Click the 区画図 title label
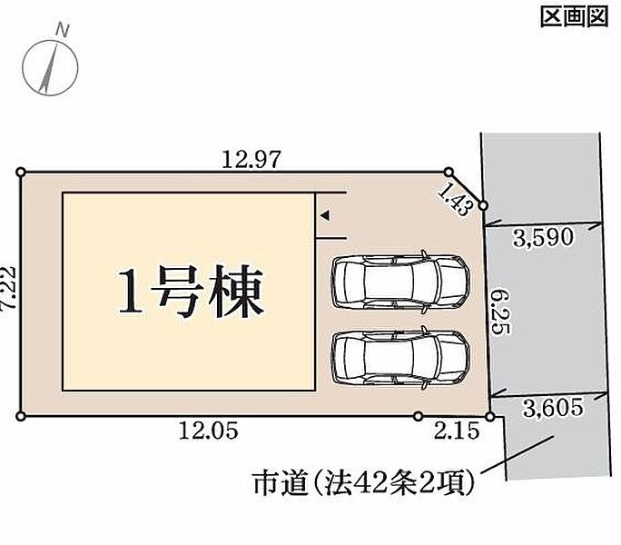coord(575,17)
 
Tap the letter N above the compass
coord(62,31)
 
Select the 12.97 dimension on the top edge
coord(251,159)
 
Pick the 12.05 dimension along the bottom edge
coord(208,431)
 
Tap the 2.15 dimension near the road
coord(457,431)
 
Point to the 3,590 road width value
coord(543,237)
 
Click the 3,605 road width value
coord(553,407)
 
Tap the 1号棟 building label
coord(192,292)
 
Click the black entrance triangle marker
coord(325,215)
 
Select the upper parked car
coord(400,282)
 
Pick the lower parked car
coord(400,358)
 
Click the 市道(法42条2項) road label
coord(363,482)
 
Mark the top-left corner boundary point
coord(21,172)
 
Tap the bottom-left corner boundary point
coord(21,416)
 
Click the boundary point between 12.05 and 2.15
coord(418,416)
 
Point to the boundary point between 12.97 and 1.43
coord(448,172)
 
